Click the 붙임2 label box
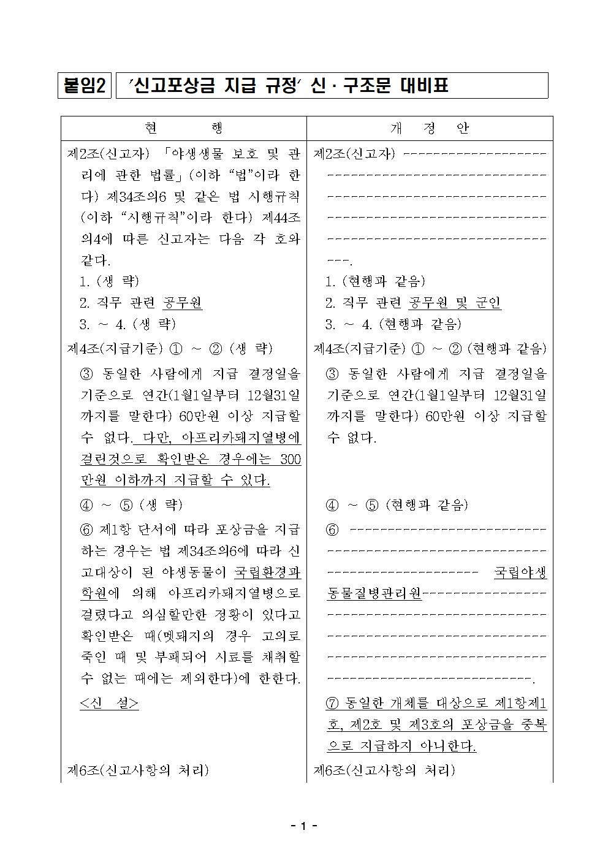coord(85,86)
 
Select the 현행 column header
coord(184,128)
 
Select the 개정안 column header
coord(429,128)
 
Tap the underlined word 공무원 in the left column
coord(183,303)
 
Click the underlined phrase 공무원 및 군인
coord(455,303)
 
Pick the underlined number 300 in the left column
coord(290,459)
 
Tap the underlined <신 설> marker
coord(109,703)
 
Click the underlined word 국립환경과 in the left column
coord(268,572)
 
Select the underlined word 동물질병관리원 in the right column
coord(374,593)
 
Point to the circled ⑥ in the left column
coord(86,529)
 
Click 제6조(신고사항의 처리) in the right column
coord(384,771)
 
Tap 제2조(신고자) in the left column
coord(107,153)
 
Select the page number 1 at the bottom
coord(303,826)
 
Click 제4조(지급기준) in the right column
coord(359,349)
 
